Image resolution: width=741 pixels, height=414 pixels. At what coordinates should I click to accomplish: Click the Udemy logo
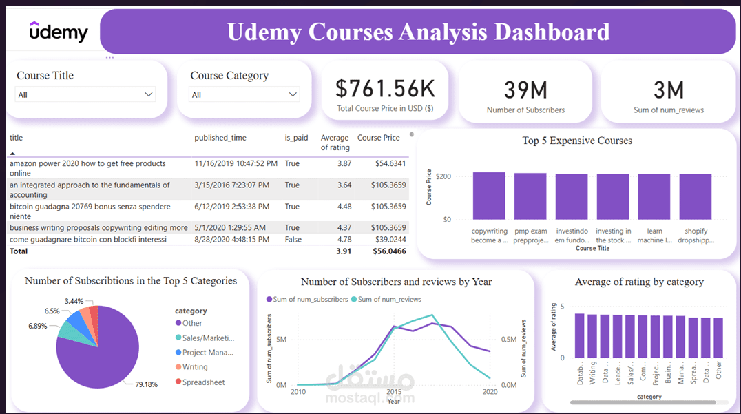click(59, 32)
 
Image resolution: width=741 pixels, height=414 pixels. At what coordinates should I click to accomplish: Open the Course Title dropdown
click(85, 94)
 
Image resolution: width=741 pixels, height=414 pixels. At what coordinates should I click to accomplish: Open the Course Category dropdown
click(244, 94)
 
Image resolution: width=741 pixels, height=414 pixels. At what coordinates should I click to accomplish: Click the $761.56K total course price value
click(385, 88)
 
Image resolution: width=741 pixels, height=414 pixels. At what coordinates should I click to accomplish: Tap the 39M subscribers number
click(525, 90)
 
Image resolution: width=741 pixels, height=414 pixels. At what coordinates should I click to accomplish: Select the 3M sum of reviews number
click(668, 90)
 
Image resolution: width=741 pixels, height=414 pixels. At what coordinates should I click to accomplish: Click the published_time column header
click(220, 138)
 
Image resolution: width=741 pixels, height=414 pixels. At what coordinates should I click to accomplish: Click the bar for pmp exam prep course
click(530, 196)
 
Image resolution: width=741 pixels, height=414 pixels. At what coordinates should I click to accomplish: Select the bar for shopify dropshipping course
click(696, 196)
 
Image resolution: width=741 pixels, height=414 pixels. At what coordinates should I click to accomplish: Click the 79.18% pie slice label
click(145, 384)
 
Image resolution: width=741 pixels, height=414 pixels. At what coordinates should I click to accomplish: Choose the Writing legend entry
click(195, 367)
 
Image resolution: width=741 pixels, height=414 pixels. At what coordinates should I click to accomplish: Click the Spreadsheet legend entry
click(203, 382)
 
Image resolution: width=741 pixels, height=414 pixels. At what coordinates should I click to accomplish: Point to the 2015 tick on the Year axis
click(393, 392)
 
